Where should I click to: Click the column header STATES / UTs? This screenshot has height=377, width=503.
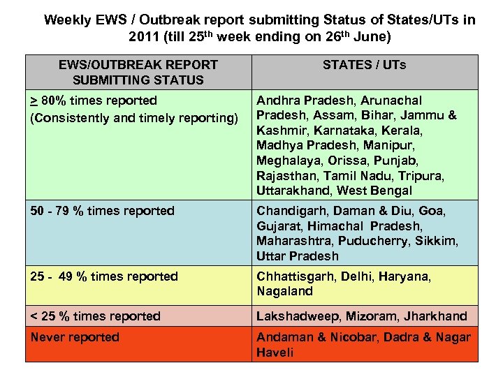click(x=364, y=65)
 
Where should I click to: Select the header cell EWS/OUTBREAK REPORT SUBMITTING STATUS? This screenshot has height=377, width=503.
click(x=138, y=72)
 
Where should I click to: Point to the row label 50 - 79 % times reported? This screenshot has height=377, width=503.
click(x=102, y=211)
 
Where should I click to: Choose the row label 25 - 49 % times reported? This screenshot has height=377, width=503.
click(x=104, y=276)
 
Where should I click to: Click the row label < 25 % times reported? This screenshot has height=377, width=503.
click(x=96, y=316)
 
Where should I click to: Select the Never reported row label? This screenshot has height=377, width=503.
click(x=75, y=337)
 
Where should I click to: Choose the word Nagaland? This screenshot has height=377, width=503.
click(x=284, y=291)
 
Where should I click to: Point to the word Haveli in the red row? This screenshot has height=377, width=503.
click(x=275, y=353)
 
